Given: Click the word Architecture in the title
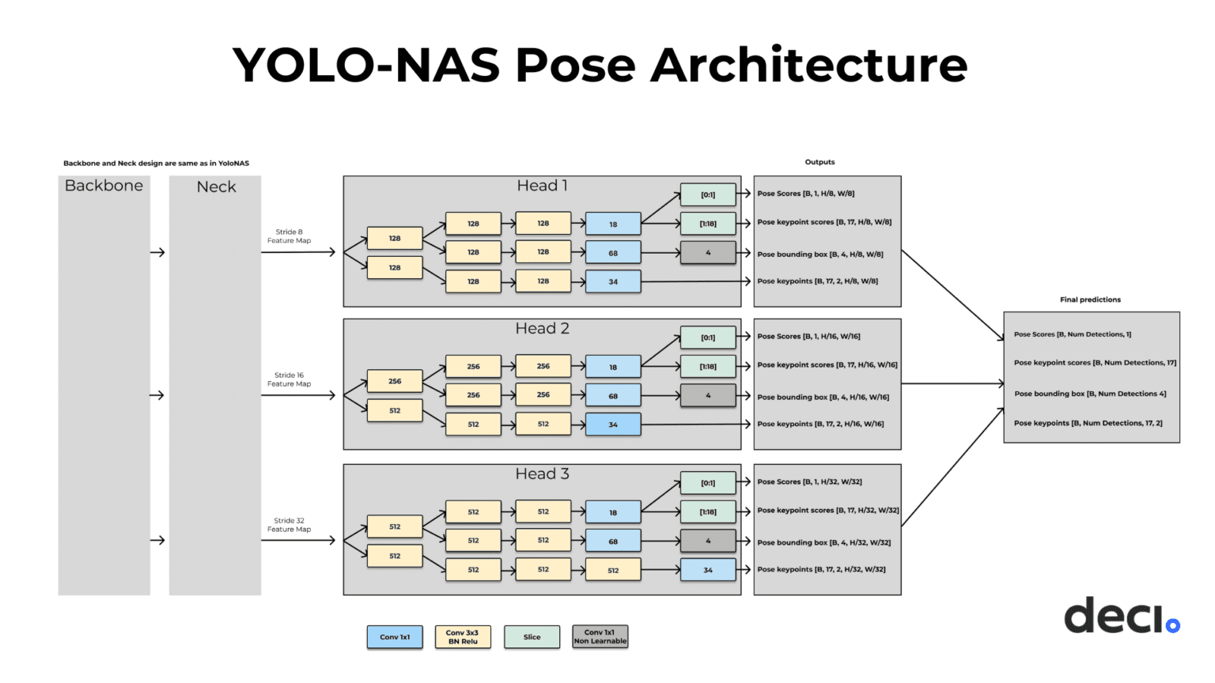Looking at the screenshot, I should [x=808, y=65].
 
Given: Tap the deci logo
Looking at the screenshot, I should [x=1121, y=616].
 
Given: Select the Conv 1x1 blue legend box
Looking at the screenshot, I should [x=395, y=637].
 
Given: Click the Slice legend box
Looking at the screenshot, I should [x=532, y=637].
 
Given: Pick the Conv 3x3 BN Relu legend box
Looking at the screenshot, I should [x=463, y=637].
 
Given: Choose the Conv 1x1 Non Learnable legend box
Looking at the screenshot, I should [x=600, y=637].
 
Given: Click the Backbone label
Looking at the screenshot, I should [x=104, y=186].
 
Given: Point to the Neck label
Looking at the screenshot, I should [x=216, y=187].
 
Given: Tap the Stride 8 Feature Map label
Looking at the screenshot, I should [x=289, y=236].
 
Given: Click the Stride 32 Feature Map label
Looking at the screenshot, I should [x=289, y=525].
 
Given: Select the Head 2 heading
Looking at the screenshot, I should [x=542, y=329].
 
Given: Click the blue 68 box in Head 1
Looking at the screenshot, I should [x=613, y=253].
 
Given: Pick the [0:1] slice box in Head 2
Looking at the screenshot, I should [x=708, y=338].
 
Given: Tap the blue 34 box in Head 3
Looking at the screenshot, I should [x=708, y=570].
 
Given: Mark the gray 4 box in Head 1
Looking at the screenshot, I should [x=708, y=253].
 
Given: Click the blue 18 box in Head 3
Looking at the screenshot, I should [x=613, y=512].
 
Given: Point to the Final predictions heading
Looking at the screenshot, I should [x=1090, y=300].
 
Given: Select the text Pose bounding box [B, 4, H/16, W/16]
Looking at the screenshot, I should [x=823, y=397].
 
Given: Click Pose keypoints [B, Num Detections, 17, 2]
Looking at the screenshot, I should [x=1088, y=423].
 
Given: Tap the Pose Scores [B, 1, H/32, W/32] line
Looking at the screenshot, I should [x=809, y=481].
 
